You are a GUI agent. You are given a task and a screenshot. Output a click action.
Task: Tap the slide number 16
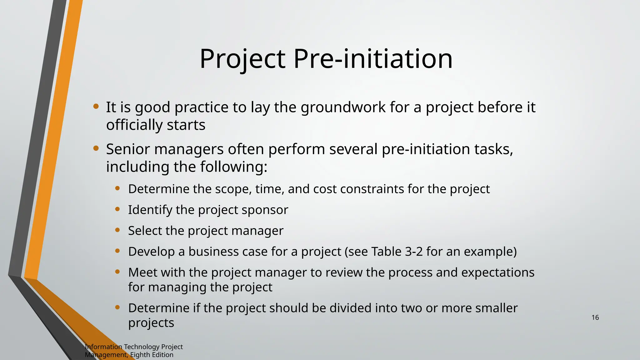(x=595, y=317)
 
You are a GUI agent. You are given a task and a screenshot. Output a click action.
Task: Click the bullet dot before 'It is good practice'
(x=96, y=107)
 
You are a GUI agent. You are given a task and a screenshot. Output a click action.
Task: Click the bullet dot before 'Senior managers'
(x=96, y=148)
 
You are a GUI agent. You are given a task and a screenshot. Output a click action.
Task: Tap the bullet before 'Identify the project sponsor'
(x=117, y=209)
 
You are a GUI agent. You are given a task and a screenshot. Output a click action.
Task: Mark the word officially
(x=134, y=125)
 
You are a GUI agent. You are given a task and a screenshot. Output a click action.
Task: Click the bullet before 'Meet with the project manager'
(x=117, y=272)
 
